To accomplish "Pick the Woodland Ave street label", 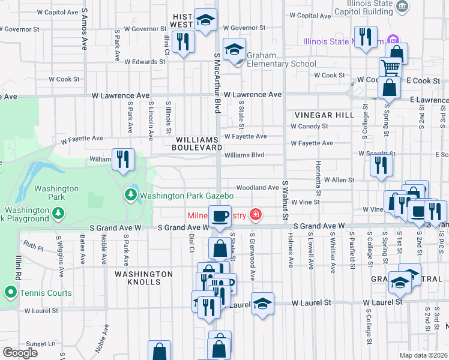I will point(257,188).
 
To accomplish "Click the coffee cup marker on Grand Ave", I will point(219,215).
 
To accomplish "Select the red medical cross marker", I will point(256,214).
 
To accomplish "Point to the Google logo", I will point(20,353).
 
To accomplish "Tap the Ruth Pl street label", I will point(34,246).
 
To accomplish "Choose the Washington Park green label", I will point(56,193).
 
